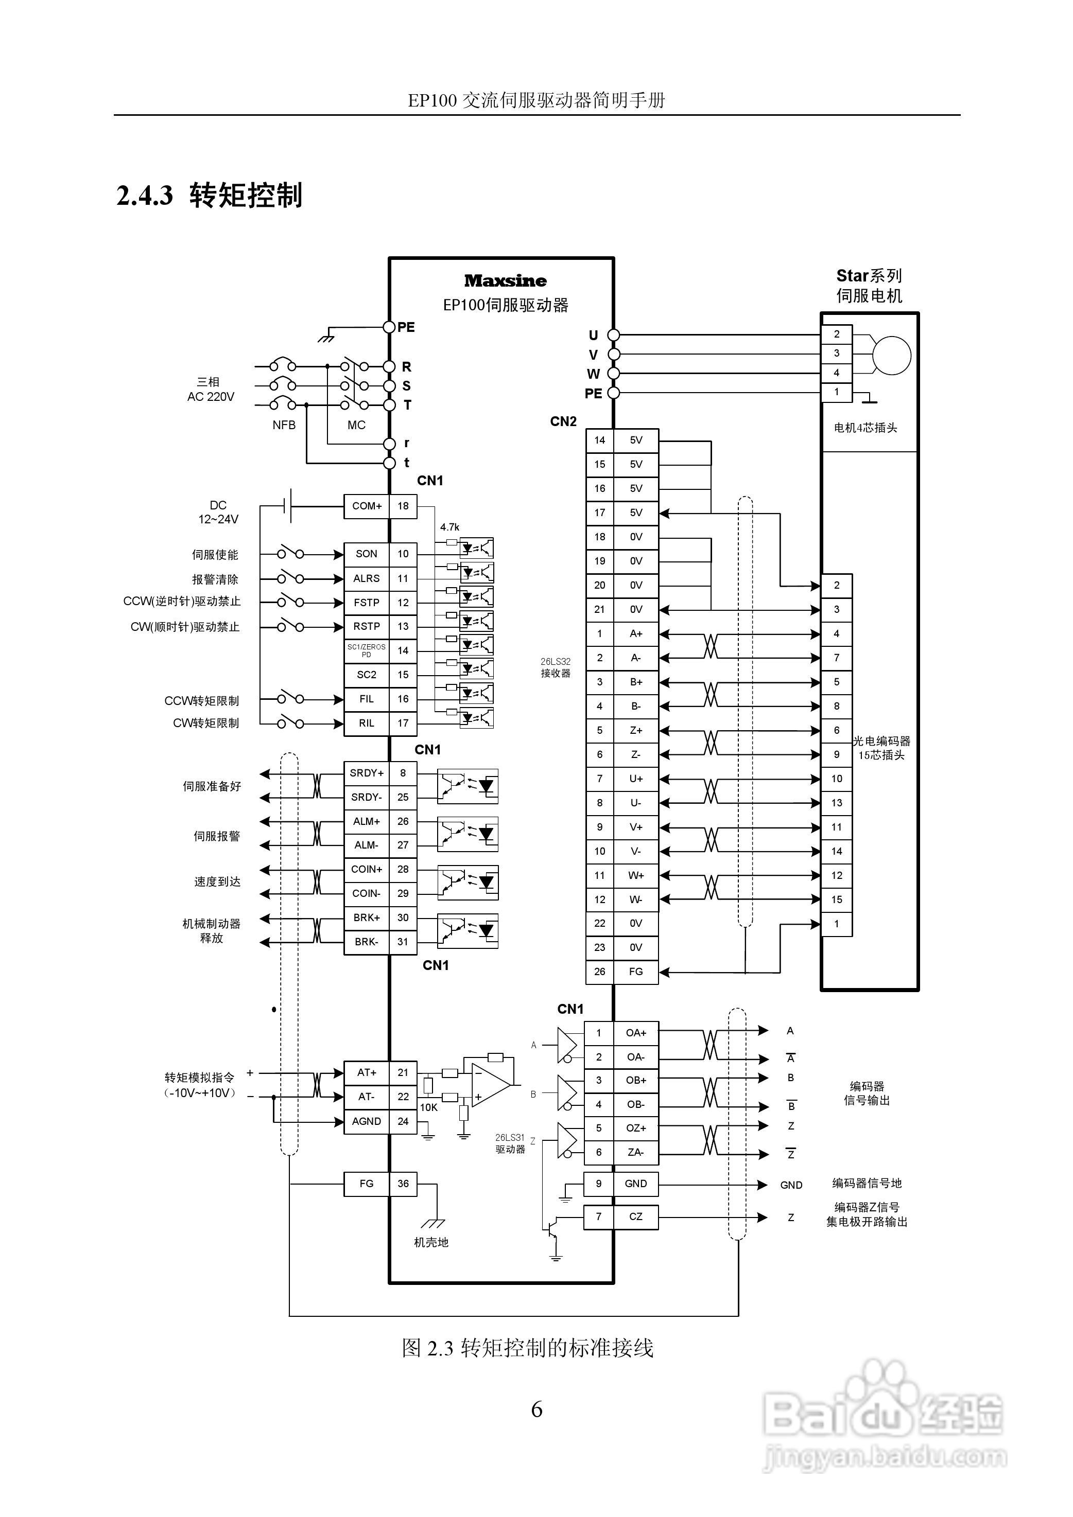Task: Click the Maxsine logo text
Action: pyautogui.click(x=505, y=281)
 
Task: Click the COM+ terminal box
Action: pyautogui.click(x=366, y=506)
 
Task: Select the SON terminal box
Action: pyautogui.click(x=366, y=554)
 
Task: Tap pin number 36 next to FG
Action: pyautogui.click(x=403, y=1184)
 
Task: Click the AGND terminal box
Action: pyautogui.click(x=366, y=1121)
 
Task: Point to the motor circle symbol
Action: pyautogui.click(x=891, y=356)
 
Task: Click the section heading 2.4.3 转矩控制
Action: pyautogui.click(x=210, y=196)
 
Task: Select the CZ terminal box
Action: pyautogui.click(x=635, y=1216)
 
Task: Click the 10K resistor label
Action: pyautogui.click(x=428, y=1108)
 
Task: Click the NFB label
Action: pyautogui.click(x=284, y=426)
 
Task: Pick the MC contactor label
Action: pyautogui.click(x=356, y=426)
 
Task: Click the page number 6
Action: pyautogui.click(x=536, y=1409)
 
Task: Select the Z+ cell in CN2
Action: pyautogui.click(x=635, y=731)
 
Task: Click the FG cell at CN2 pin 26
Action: pyautogui.click(x=635, y=972)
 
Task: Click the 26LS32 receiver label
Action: pyautogui.click(x=556, y=667)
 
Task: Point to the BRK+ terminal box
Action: pyautogui.click(x=366, y=918)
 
